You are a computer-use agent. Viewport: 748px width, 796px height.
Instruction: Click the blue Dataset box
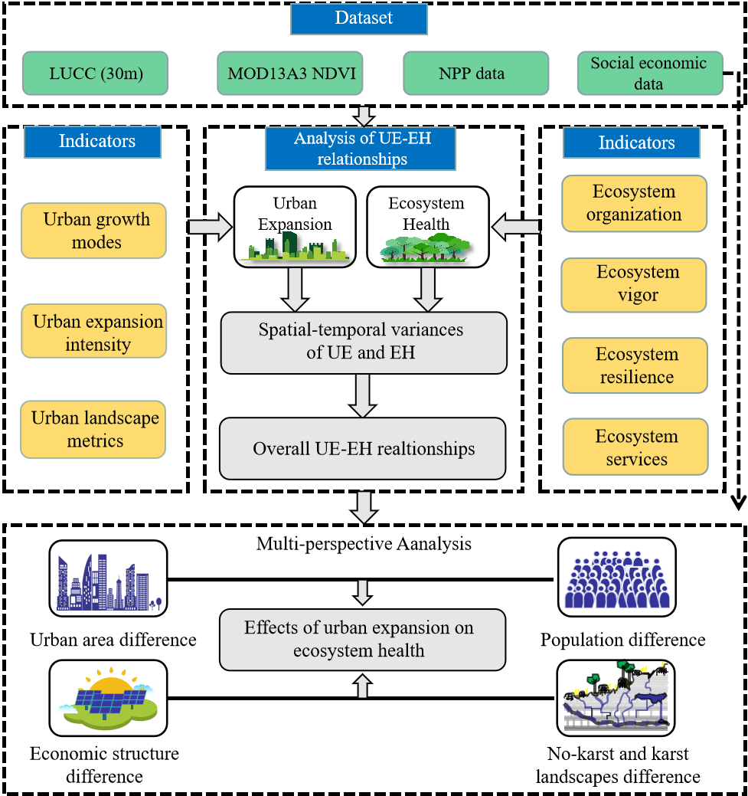[358, 18]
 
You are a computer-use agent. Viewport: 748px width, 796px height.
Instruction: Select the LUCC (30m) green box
[95, 74]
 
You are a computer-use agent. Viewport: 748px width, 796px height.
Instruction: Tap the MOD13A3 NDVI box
[290, 74]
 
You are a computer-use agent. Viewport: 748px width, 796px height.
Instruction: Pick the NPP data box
[475, 74]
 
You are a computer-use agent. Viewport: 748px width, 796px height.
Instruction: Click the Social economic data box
[649, 74]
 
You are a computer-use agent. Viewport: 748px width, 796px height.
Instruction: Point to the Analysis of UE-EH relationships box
[361, 149]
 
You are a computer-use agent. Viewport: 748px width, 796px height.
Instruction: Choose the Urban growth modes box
[93, 231]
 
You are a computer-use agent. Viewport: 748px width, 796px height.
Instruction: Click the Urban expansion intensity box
[93, 331]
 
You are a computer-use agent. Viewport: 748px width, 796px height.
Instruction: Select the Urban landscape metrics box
[93, 430]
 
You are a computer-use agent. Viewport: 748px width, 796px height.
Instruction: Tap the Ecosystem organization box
[634, 203]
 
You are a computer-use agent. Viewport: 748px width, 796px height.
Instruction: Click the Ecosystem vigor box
[634, 284]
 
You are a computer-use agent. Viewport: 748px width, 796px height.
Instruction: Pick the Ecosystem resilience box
[635, 365]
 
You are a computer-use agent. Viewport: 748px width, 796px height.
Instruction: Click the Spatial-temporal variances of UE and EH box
[364, 342]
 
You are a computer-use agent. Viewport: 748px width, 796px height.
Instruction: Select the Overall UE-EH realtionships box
[363, 448]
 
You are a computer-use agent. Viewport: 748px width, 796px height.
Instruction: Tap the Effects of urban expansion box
[362, 639]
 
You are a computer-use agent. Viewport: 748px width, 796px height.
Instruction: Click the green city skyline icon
[294, 246]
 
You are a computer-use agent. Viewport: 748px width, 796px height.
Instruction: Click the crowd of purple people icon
[617, 579]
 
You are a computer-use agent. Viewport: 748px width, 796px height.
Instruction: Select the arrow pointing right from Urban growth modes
[210, 227]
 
